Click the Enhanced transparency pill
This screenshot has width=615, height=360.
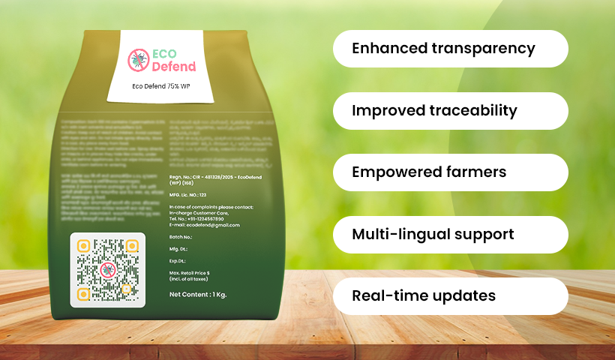(x=450, y=49)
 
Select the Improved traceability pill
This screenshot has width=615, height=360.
(x=450, y=111)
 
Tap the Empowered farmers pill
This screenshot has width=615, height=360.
(x=450, y=172)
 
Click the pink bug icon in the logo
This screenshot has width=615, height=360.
(x=138, y=60)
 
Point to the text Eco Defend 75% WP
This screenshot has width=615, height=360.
(x=160, y=86)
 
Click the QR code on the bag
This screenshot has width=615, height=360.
(x=108, y=270)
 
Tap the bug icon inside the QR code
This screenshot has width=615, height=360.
(x=108, y=270)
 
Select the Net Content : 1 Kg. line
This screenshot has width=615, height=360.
(x=198, y=295)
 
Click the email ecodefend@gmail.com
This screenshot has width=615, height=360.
(x=205, y=225)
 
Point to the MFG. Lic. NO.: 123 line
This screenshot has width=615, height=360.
(x=187, y=194)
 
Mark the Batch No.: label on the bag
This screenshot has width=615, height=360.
(x=182, y=236)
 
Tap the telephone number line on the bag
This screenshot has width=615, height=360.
(x=197, y=217)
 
